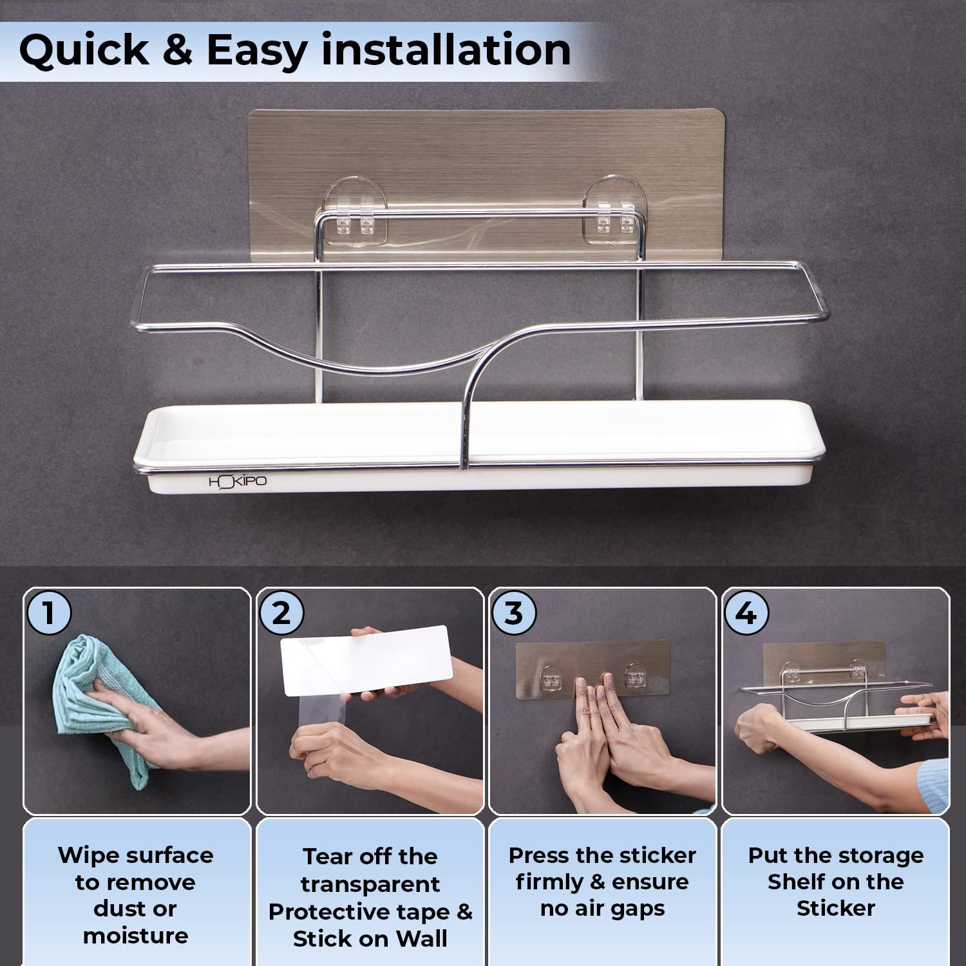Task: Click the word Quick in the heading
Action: pos(84,51)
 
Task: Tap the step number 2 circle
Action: pos(281,612)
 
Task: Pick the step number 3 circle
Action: pos(514,612)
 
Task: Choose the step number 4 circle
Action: pos(746,612)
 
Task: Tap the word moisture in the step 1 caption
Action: pos(136,935)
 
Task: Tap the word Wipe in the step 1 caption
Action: pos(88,857)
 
